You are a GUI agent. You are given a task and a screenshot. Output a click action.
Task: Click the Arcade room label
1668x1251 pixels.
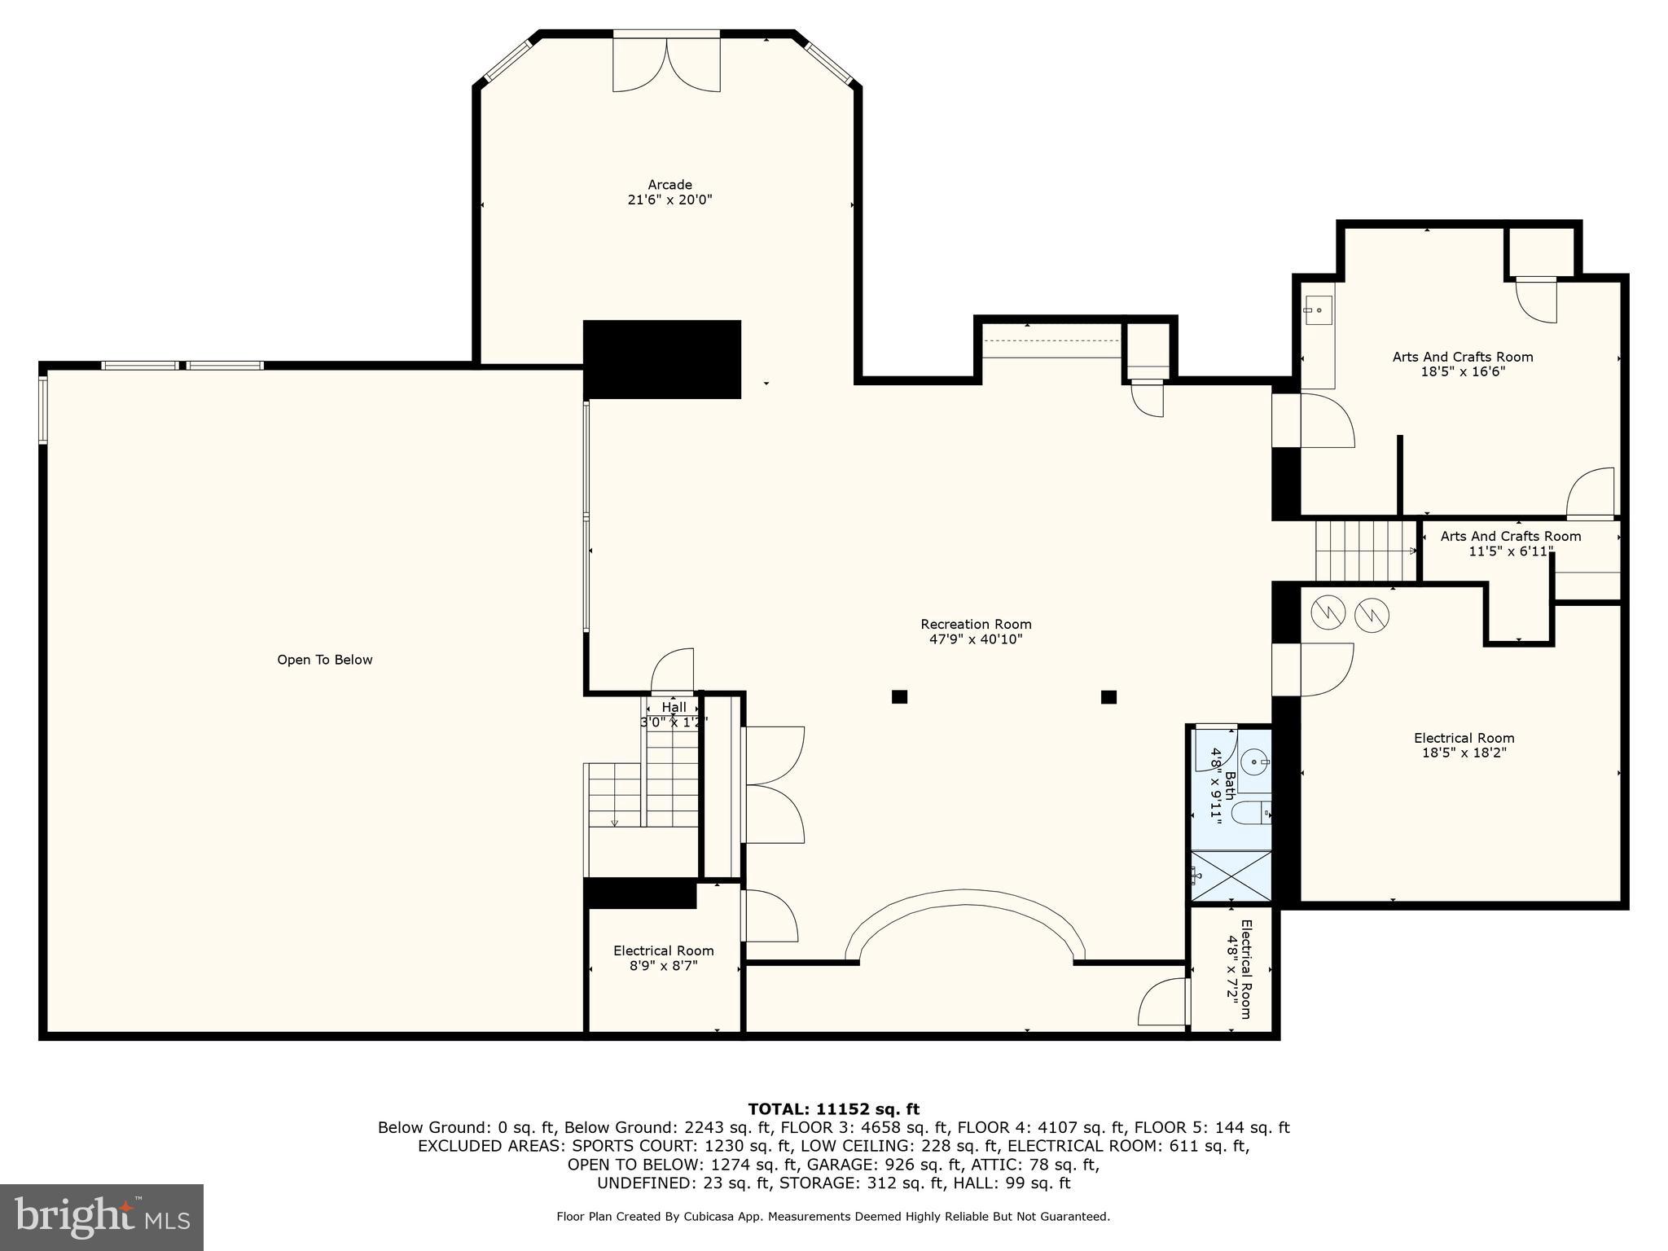point(669,185)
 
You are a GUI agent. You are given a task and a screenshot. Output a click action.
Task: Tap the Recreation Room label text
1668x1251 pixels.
point(976,625)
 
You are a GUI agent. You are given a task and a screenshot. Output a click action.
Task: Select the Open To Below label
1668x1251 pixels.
point(325,660)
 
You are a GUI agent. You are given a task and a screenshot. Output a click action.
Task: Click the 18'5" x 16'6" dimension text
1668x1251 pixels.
point(1463,371)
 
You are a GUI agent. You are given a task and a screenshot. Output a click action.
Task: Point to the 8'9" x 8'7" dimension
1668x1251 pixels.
point(664,966)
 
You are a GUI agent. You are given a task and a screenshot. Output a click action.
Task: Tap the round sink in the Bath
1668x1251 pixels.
point(1255,762)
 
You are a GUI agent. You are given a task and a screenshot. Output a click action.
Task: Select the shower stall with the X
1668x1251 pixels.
point(1231,876)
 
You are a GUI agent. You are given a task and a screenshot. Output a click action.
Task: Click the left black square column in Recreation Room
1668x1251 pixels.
point(899,696)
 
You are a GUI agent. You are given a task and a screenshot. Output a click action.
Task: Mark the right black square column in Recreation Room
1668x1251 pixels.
point(1108,696)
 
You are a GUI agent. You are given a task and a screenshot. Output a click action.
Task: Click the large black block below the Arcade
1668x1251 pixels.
point(662,359)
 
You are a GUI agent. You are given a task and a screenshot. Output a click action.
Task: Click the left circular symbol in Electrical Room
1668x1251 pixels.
point(1328,612)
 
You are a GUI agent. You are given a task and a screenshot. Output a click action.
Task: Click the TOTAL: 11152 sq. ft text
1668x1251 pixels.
point(833,1108)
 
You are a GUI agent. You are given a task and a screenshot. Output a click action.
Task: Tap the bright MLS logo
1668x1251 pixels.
point(102,1217)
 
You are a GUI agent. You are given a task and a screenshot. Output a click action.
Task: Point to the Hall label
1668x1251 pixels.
point(674,707)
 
